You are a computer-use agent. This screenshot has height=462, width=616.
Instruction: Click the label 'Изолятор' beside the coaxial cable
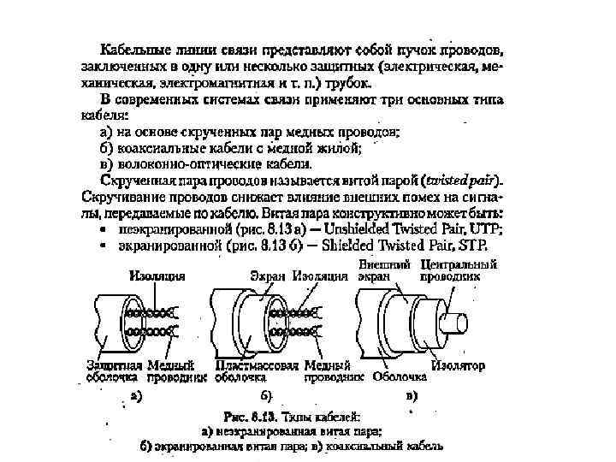pyautogui.click(x=458, y=365)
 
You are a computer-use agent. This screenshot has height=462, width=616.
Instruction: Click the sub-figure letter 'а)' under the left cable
pyautogui.click(x=134, y=396)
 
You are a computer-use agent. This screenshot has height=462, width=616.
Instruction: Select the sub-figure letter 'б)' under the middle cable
pyautogui.click(x=266, y=396)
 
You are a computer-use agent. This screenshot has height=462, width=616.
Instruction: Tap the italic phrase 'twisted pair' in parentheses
pyautogui.click(x=462, y=181)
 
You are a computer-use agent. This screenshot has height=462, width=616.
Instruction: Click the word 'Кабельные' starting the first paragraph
pyautogui.click(x=134, y=50)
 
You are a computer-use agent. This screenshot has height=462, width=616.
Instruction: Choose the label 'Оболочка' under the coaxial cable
pyautogui.click(x=400, y=376)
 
